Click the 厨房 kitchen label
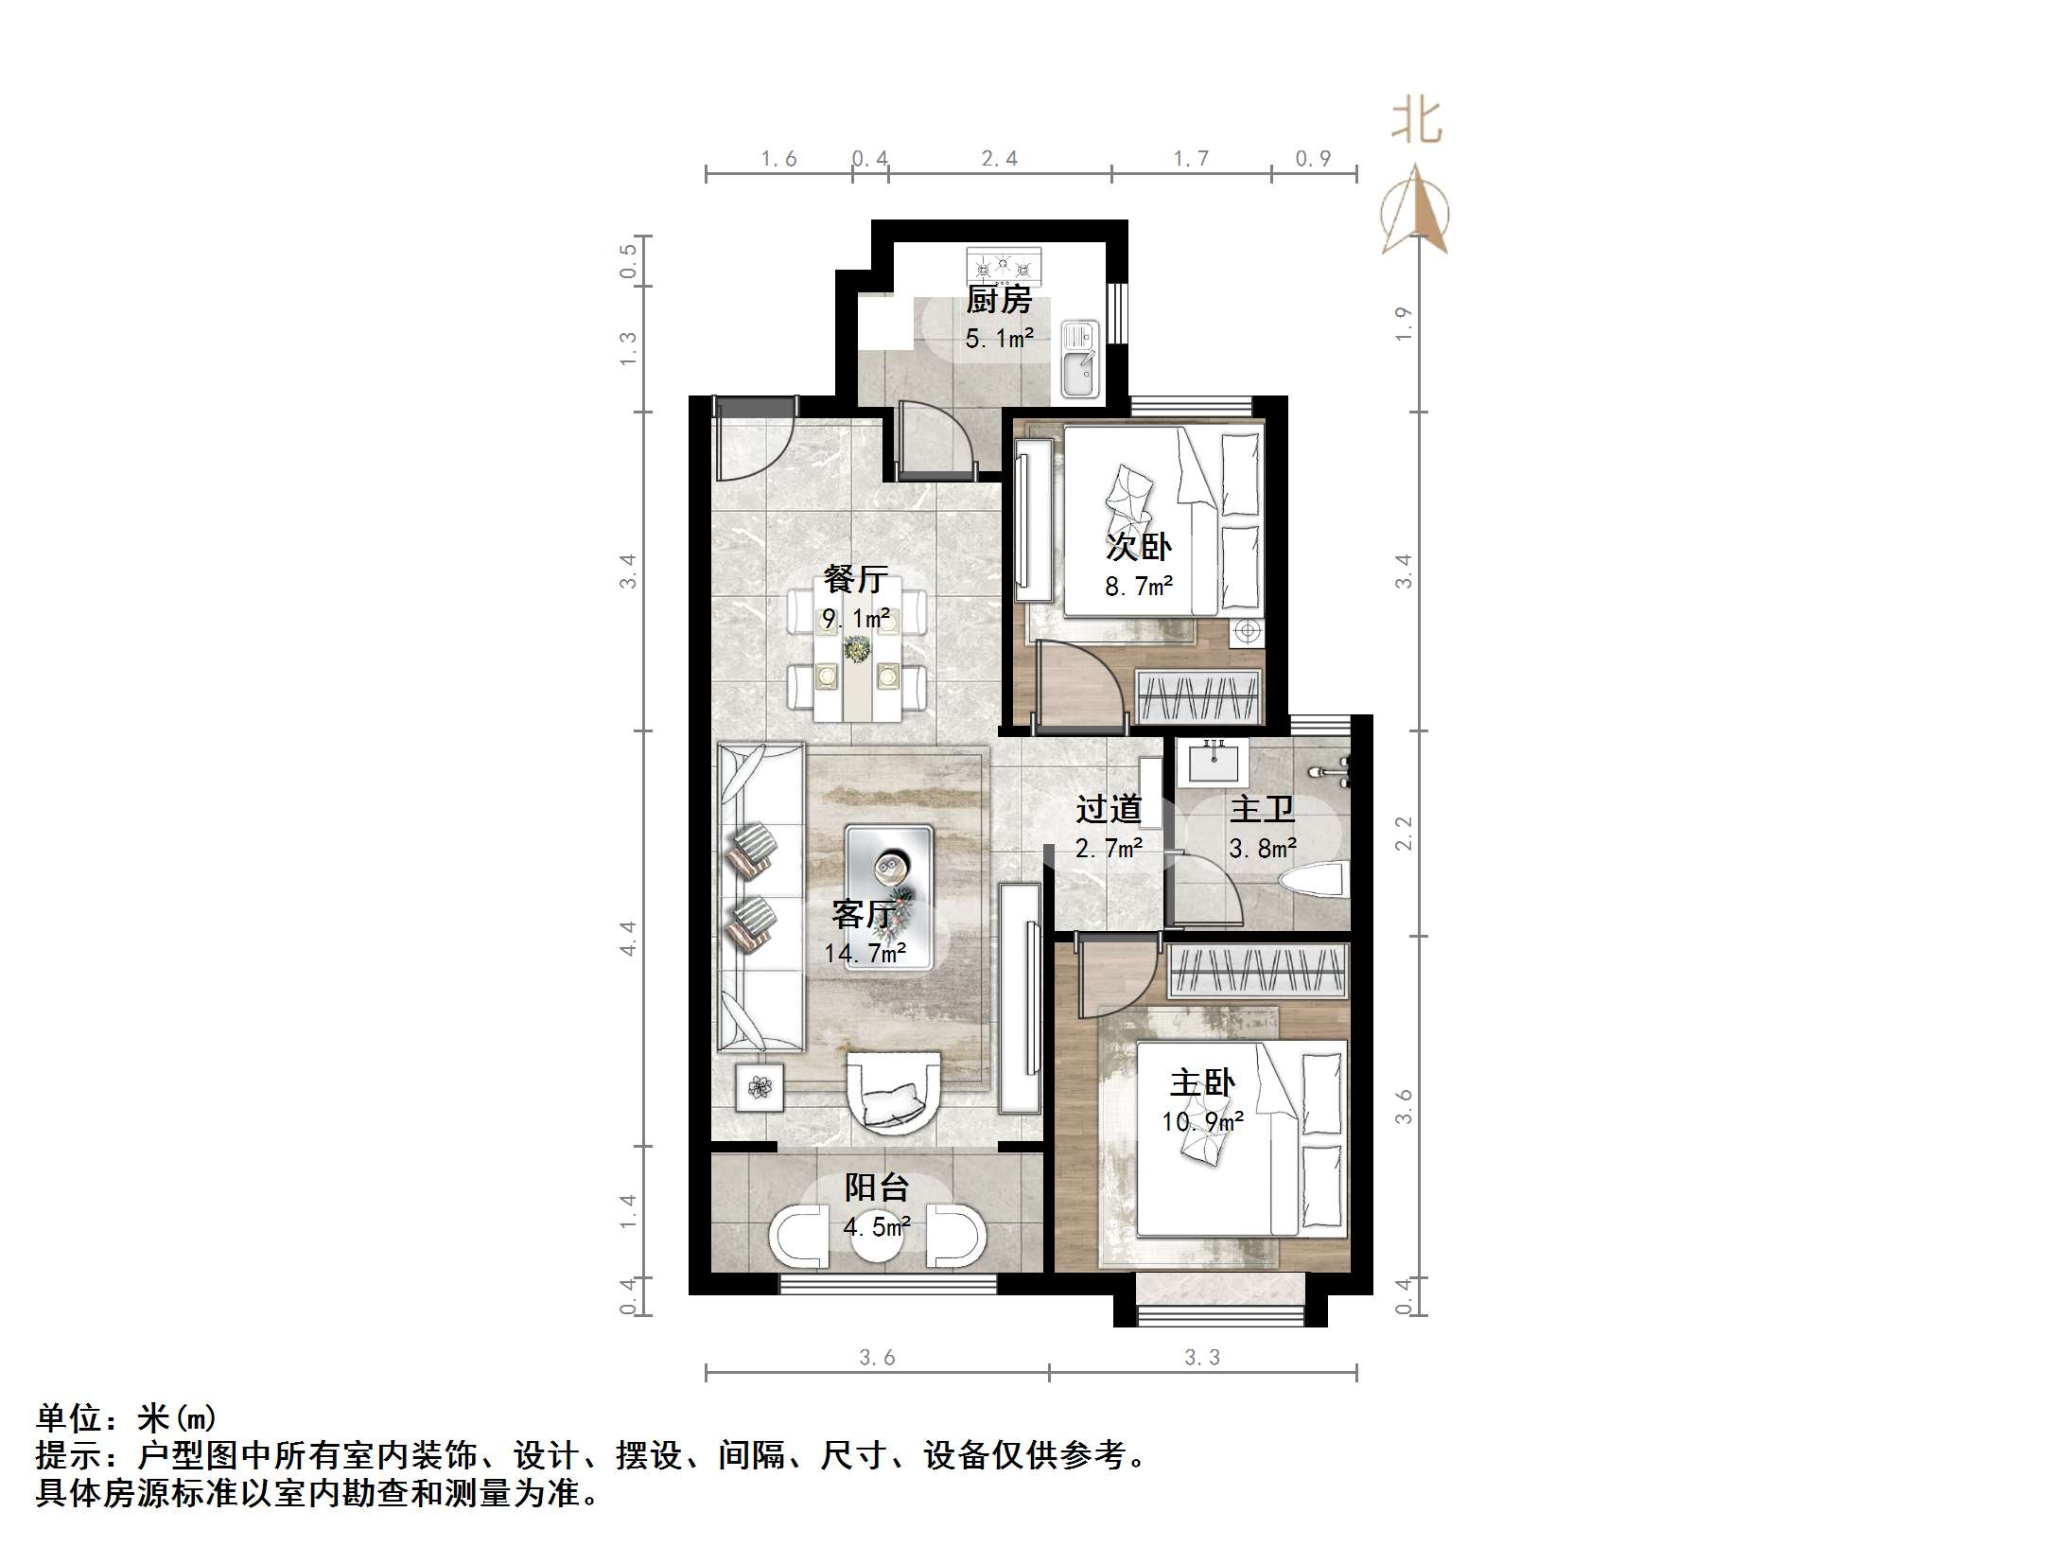[998, 300]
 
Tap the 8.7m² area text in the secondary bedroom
[1139, 587]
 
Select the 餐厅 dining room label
[855, 578]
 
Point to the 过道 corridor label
[1109, 809]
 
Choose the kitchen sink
[1079, 358]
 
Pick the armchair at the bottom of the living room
[893, 1092]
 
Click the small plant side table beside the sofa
[760, 1087]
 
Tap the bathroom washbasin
[1213, 760]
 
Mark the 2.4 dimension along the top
[999, 159]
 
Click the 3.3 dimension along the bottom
[1202, 1358]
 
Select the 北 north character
[1416, 120]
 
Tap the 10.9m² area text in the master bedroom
[1202, 1122]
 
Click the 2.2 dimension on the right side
[1404, 833]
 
